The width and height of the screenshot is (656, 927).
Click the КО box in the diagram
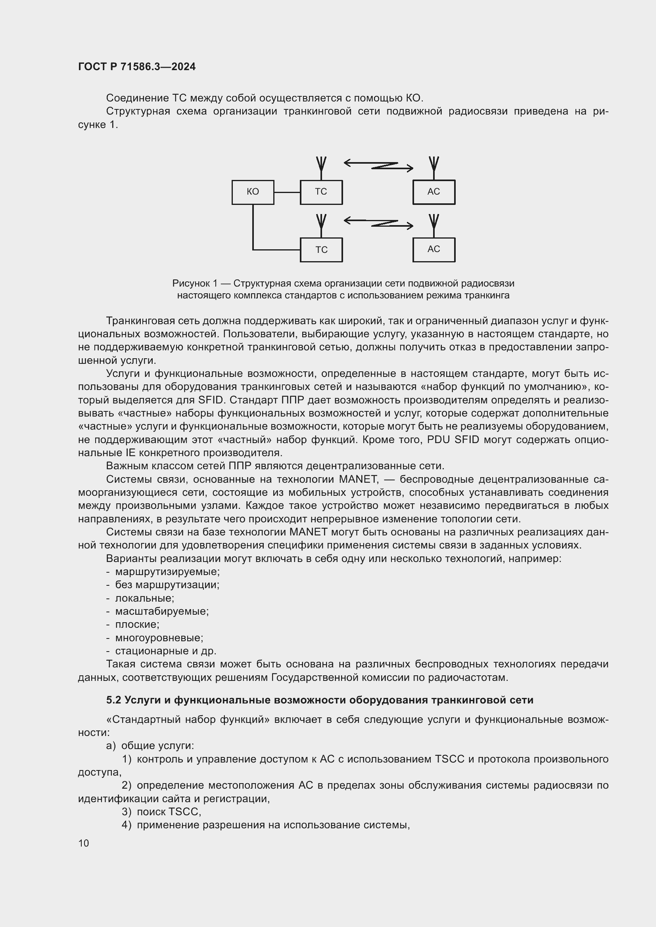tap(253, 192)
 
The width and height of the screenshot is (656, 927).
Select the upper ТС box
tap(321, 192)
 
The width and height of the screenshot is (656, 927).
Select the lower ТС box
tap(321, 250)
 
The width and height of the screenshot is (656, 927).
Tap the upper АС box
tap(433, 192)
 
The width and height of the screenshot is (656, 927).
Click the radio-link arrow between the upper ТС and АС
tap(378, 166)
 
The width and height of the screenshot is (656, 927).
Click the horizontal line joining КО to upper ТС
tap(287, 192)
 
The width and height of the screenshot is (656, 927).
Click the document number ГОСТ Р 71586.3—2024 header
tap(136, 67)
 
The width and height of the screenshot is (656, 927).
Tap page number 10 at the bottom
tap(84, 843)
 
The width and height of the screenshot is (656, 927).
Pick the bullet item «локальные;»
tap(145, 598)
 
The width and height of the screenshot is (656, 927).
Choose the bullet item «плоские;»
tap(137, 625)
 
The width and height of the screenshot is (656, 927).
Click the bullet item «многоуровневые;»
tap(159, 638)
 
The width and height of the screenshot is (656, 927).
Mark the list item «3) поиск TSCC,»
tap(161, 812)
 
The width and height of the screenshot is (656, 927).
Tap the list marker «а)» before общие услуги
tap(111, 746)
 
